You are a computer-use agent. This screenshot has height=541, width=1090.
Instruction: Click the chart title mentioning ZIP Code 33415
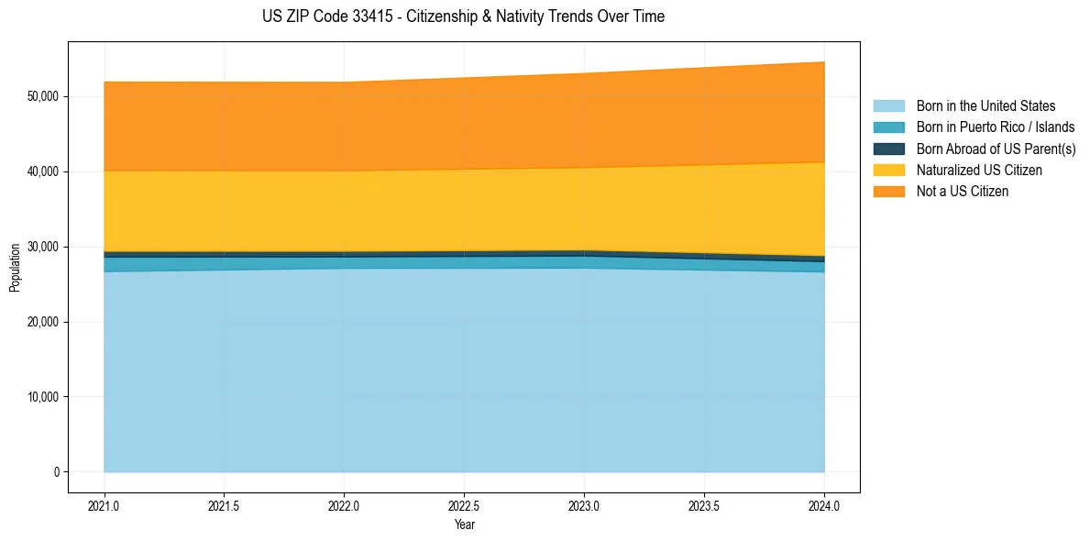coord(463,17)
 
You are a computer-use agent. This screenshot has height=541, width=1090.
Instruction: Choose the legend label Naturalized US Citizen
coord(979,171)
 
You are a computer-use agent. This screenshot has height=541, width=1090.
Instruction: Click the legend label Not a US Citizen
coord(963,192)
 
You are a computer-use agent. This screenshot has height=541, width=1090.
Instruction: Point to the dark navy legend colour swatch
coord(888,149)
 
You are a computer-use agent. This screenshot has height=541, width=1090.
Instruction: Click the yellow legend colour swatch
coord(888,171)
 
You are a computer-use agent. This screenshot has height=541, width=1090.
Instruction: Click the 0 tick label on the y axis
coord(56,472)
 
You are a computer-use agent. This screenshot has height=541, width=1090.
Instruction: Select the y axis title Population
coord(15,268)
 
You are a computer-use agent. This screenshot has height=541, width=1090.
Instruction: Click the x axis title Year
coord(464,524)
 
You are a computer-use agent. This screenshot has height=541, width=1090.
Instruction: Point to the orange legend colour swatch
coord(888,192)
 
